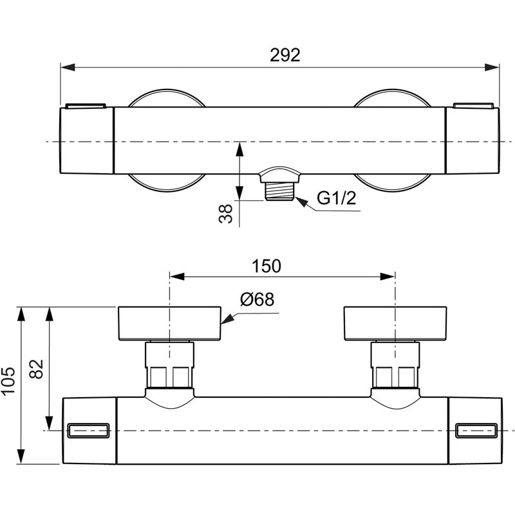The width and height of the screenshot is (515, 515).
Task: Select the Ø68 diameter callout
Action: (257, 300)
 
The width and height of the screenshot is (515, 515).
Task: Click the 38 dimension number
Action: (225, 213)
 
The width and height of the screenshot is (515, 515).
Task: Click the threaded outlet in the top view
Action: (280, 191)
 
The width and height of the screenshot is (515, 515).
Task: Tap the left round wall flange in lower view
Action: (169, 323)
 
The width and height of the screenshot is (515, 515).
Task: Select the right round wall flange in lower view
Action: (395, 323)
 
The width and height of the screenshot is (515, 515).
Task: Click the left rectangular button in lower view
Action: (88, 431)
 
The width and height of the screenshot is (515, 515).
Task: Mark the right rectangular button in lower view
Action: (476, 431)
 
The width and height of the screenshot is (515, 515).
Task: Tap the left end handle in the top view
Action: (87, 140)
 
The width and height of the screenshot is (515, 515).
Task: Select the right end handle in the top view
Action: (472, 140)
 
